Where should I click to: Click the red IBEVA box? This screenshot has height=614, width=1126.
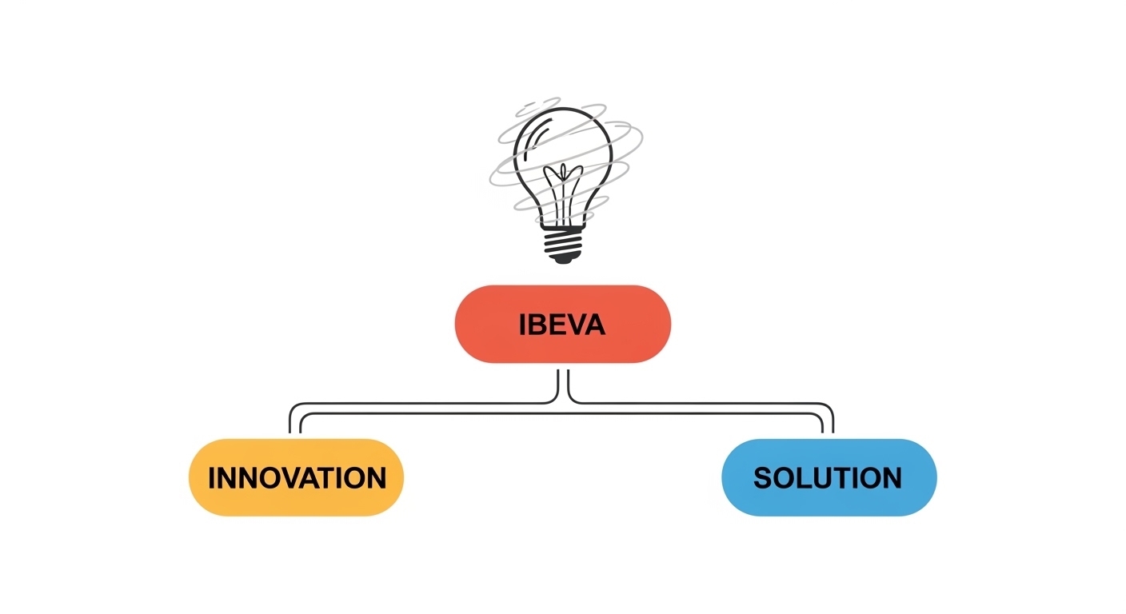coord(562,324)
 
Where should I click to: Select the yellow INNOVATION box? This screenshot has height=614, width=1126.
coord(296,477)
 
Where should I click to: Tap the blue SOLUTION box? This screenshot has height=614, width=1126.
coord(829,477)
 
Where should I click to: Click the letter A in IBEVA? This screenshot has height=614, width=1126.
coord(594,325)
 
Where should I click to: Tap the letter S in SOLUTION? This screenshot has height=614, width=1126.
coord(763,478)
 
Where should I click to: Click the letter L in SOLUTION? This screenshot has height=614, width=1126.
coord(805,478)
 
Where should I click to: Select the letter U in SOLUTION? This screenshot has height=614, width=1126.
coord(823,478)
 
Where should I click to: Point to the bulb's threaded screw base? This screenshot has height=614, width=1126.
coord(563,241)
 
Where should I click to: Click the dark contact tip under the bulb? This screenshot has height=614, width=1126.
coord(563,260)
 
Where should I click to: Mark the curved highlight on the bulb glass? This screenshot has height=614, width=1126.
coord(534,136)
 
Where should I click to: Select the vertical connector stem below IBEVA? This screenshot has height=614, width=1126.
coord(563,386)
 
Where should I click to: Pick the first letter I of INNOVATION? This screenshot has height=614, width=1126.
coord(212,478)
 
